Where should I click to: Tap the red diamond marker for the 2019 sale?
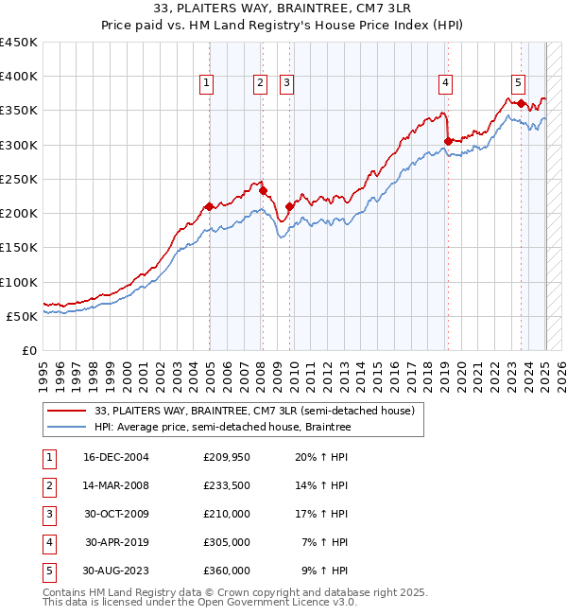pyautogui.click(x=447, y=142)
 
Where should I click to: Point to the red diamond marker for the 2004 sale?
pyautogui.click(x=209, y=206)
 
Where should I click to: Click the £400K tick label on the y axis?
pyautogui.click(x=18, y=77)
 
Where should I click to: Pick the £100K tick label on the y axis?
pyautogui.click(x=18, y=282)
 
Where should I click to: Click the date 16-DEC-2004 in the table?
pyautogui.click(x=116, y=458)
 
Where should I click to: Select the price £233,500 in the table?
pyautogui.click(x=227, y=486)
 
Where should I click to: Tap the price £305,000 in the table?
pyautogui.click(x=227, y=543)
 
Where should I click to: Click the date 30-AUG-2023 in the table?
pyautogui.click(x=116, y=571)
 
